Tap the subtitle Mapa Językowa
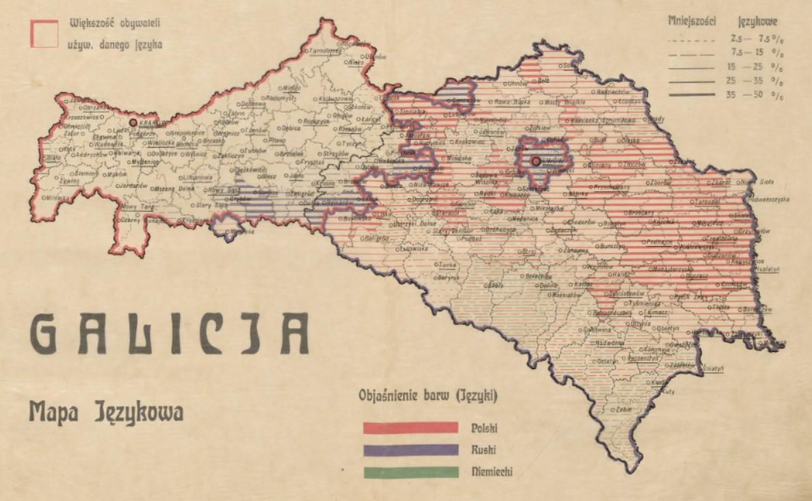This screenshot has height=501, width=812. coord(106,413)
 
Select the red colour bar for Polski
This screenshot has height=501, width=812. coord(410,428)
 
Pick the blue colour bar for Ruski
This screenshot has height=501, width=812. coord(410,450)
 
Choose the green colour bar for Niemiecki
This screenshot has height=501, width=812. coord(410,472)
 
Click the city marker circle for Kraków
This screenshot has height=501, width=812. coord(133,123)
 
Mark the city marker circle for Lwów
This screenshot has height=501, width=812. coord(536,162)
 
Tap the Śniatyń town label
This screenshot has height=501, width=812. coord(711,368)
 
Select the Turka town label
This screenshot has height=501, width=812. coord(448,263)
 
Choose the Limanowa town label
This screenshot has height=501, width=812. coord(197,178)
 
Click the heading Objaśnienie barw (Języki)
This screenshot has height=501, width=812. coord(428,396)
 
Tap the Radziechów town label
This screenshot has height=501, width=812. coord(612,91)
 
